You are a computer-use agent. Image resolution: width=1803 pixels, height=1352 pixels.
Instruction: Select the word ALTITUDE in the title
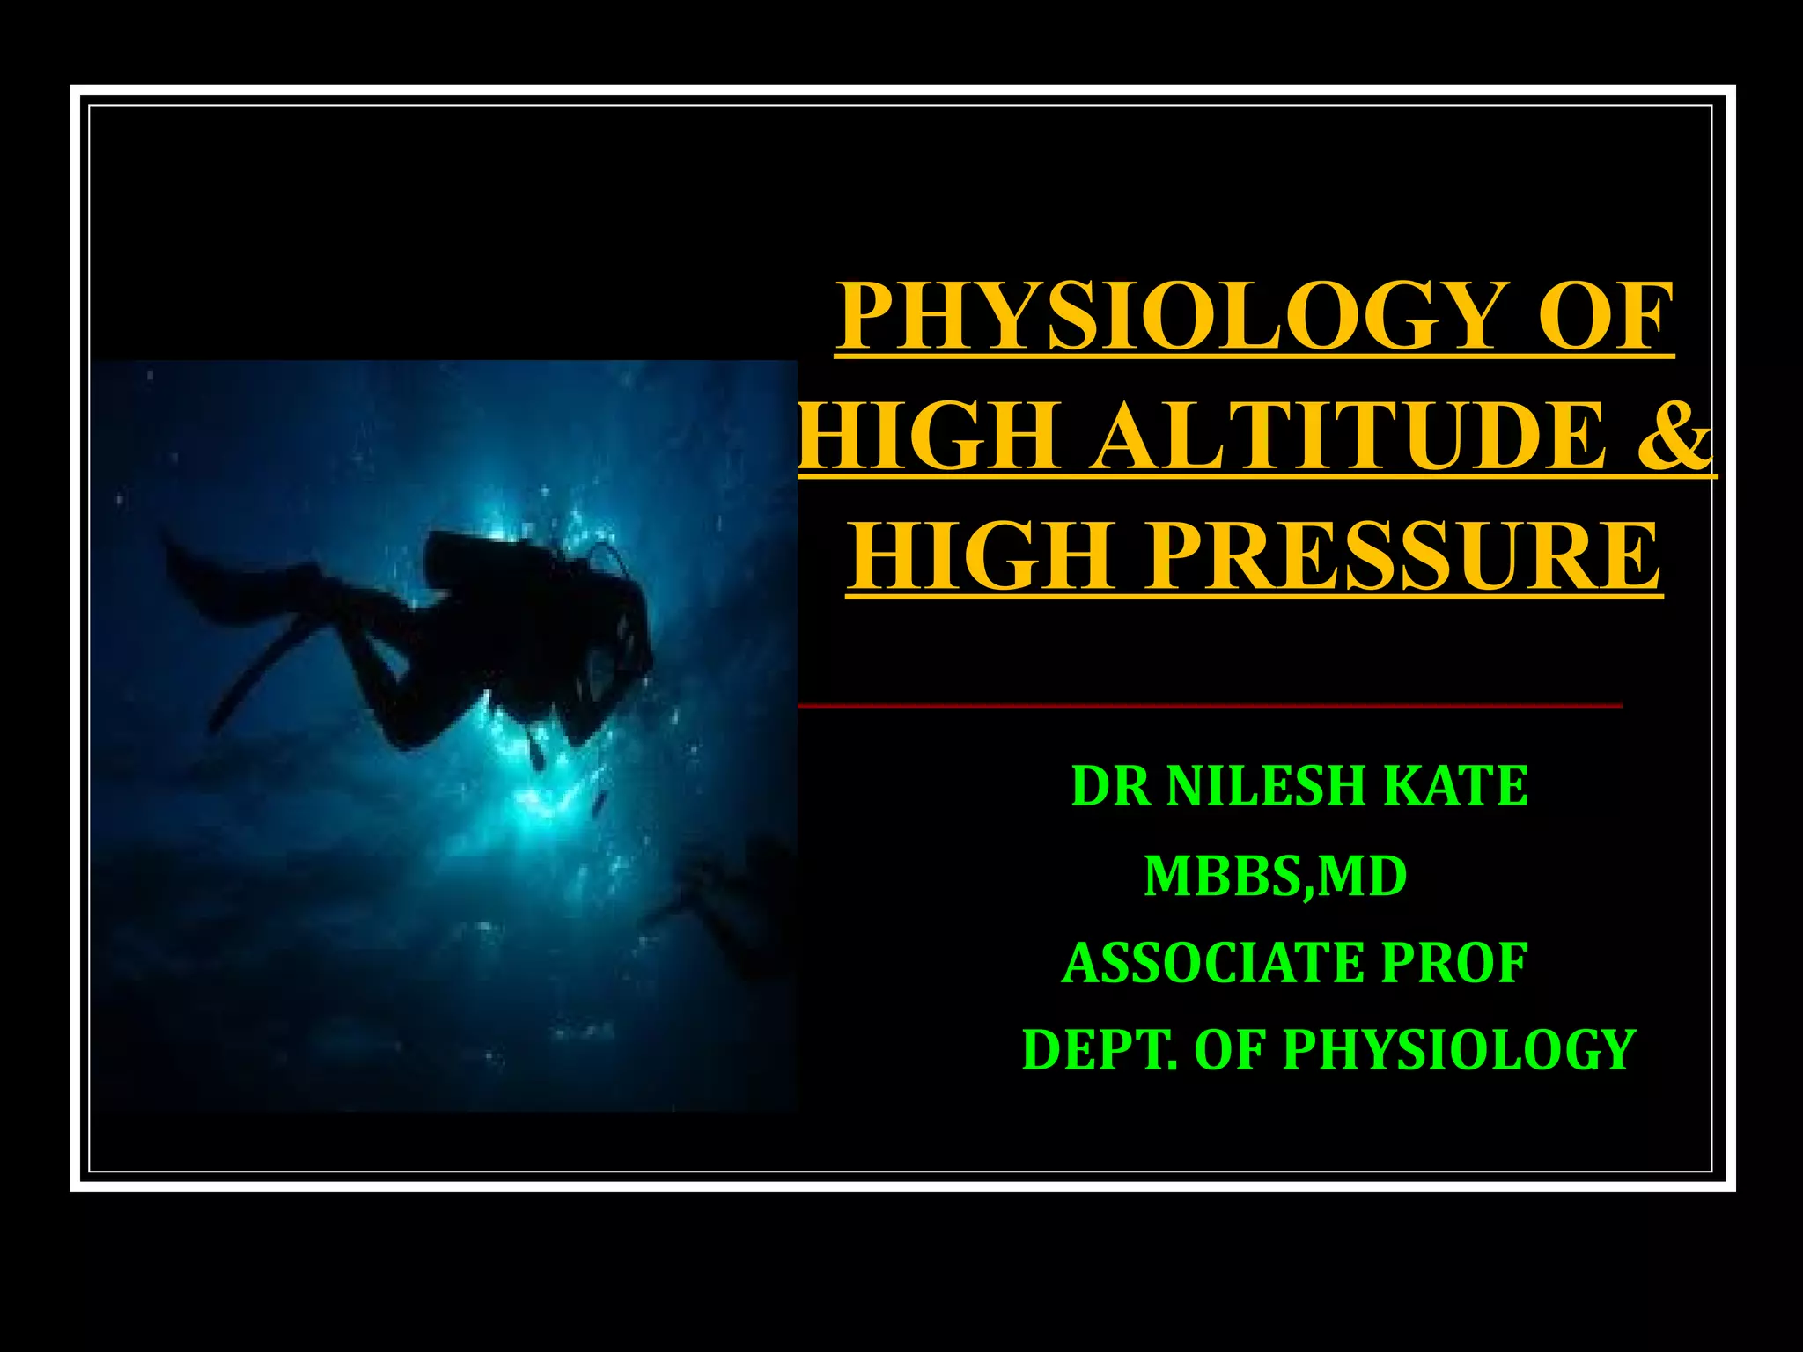click(x=1338, y=437)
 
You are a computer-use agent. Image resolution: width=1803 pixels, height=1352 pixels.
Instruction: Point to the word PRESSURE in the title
click(x=1401, y=557)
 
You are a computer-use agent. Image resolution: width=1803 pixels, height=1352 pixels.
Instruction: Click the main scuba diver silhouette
click(x=493, y=634)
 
